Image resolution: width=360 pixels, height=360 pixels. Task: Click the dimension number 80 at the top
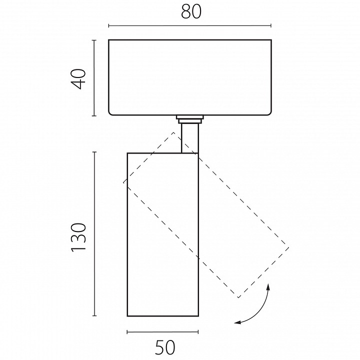[x=191, y=11]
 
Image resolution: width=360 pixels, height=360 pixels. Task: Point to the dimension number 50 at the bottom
[x=165, y=347]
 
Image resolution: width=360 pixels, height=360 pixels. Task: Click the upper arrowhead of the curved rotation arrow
[x=268, y=287]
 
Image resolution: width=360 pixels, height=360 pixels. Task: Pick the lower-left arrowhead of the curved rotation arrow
[x=237, y=322]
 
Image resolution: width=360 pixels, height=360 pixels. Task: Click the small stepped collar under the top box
[x=190, y=119]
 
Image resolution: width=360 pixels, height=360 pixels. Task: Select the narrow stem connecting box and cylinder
[x=190, y=138]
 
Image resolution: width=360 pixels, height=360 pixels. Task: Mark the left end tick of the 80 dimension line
[x=108, y=25]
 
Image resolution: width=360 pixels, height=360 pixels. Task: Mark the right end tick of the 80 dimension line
[x=271, y=25]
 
